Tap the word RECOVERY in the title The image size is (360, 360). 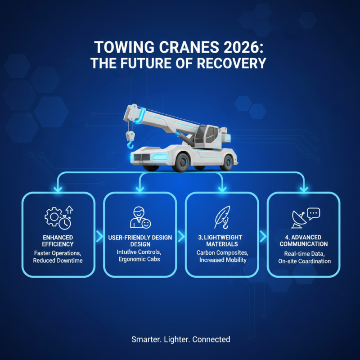coord(234,63)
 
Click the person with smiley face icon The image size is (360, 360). coord(140,217)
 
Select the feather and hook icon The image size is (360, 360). coord(222,217)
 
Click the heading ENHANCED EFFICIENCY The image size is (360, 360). coord(58,241)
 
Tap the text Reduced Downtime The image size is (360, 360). coord(58,261)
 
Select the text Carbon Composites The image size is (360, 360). coord(222,252)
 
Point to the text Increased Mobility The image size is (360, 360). coord(222,261)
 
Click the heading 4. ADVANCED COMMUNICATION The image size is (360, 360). coord(304,241)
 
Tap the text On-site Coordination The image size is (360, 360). coord(304,261)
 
